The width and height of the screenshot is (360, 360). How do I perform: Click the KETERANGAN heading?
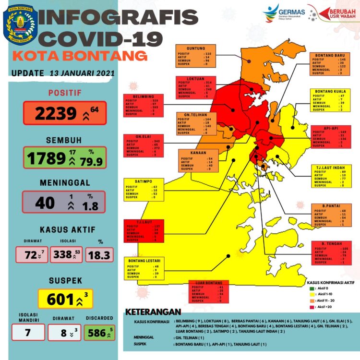[153, 312]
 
